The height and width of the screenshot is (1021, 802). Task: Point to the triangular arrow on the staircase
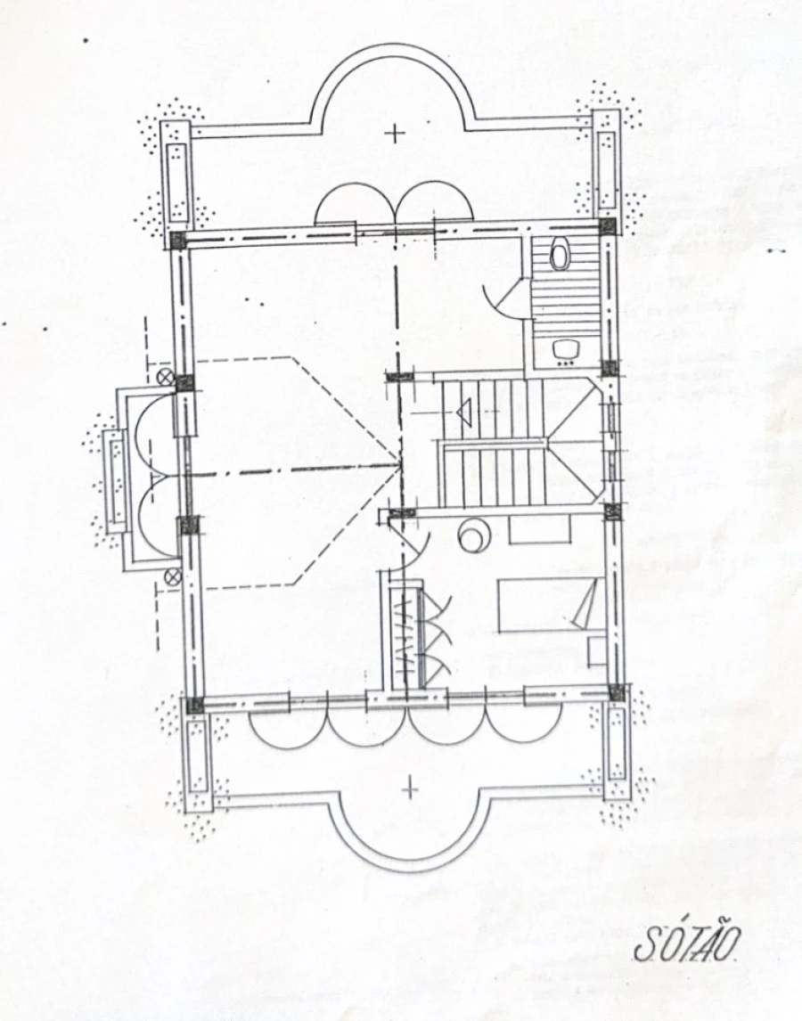[464, 412]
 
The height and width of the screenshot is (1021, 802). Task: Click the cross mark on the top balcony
[394, 134]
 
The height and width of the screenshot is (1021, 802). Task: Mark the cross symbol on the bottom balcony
[410, 789]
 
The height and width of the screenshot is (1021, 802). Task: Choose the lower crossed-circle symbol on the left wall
[173, 576]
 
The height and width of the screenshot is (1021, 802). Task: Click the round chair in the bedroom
[474, 535]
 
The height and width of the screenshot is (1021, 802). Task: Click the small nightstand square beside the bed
[596, 652]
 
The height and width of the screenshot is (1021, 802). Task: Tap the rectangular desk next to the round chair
[540, 528]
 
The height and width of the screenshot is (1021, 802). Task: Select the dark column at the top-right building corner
[607, 226]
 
